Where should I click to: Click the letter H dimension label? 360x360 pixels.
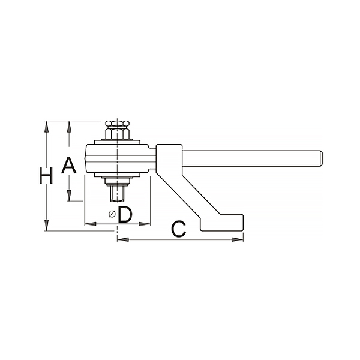click(46, 176)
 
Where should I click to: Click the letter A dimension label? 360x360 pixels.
click(68, 166)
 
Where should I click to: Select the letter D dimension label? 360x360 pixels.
click(125, 214)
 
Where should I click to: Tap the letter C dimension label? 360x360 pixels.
click(178, 229)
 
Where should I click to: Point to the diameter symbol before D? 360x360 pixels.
click(112, 214)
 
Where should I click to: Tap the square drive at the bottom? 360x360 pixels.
click(117, 193)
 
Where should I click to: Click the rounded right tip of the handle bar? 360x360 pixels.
click(320, 158)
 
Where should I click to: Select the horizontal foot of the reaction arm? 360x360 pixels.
click(222, 223)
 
